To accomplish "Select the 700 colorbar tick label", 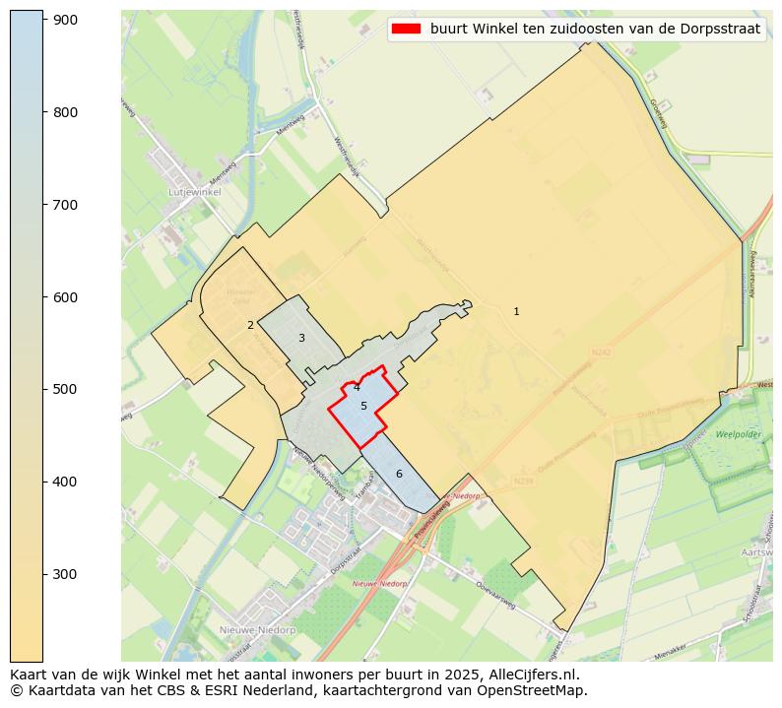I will (x=65, y=205).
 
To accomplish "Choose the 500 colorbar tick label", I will (x=65, y=389).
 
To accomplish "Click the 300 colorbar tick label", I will (x=65, y=574).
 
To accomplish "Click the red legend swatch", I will (x=406, y=29).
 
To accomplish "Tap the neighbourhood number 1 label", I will (x=516, y=311).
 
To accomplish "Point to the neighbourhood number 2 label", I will (x=250, y=325).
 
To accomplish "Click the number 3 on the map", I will (x=301, y=338).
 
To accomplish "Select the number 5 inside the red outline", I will (x=363, y=406).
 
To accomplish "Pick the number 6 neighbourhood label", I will (x=399, y=474).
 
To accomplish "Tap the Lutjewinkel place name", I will (x=194, y=192).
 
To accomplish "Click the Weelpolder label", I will (x=739, y=433).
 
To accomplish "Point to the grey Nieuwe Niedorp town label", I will (x=258, y=629).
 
